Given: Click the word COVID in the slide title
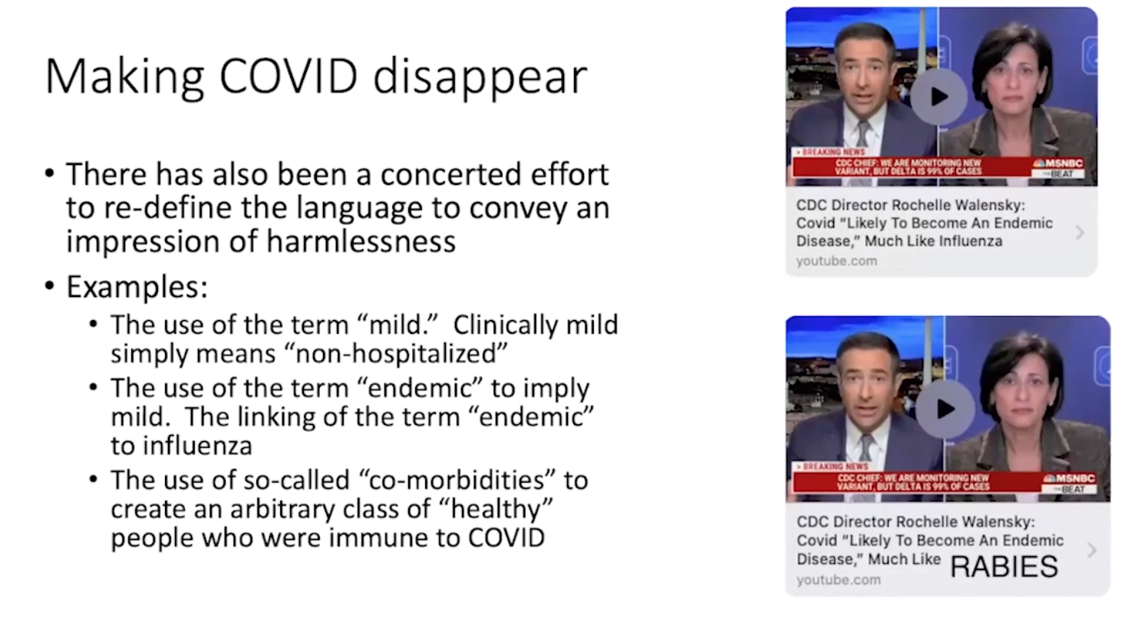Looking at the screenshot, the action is pos(289,76).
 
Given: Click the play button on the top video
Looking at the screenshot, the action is pos(938,97).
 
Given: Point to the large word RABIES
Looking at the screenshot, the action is pos(1004,566).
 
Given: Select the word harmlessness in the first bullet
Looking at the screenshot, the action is pos(361,241).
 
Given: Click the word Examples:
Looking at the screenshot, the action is pos(137,287).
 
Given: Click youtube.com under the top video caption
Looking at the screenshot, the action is pos(836,261).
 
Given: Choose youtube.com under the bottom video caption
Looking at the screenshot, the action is pos(839,580).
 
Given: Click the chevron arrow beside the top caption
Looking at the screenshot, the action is pos(1080,232).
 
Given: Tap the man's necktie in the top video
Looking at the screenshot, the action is pos(863,135).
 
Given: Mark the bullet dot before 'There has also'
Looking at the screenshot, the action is pos(49,173).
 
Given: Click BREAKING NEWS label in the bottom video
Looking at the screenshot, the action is pos(834,466).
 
